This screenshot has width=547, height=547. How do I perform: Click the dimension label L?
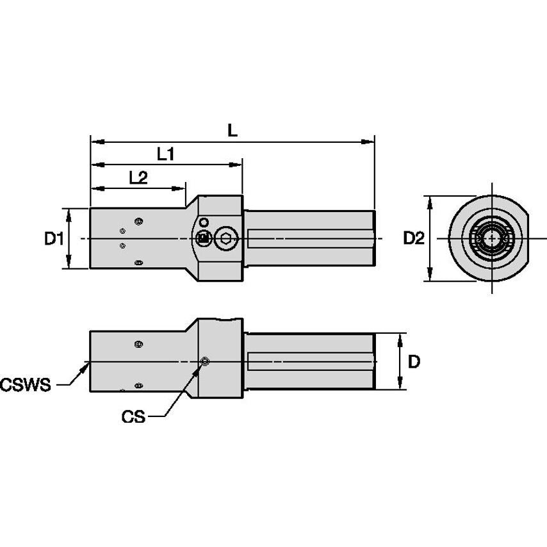tap(233, 130)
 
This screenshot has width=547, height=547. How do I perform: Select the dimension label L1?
tap(167, 154)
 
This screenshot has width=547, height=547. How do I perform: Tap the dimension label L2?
tap(138, 178)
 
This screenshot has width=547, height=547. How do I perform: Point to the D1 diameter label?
tap(54, 239)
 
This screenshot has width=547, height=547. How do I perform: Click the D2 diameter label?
tap(413, 239)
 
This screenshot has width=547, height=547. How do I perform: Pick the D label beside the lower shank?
tap(414, 362)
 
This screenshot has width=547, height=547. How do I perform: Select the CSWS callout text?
tap(26, 385)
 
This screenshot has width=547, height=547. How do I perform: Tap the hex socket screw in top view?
tap(225, 239)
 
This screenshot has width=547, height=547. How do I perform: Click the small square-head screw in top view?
tap(203, 239)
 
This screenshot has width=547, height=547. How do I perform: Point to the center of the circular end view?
tap(491, 239)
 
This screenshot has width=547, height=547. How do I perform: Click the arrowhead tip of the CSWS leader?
tap(87, 364)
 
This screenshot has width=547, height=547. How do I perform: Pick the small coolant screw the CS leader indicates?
tap(204, 363)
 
